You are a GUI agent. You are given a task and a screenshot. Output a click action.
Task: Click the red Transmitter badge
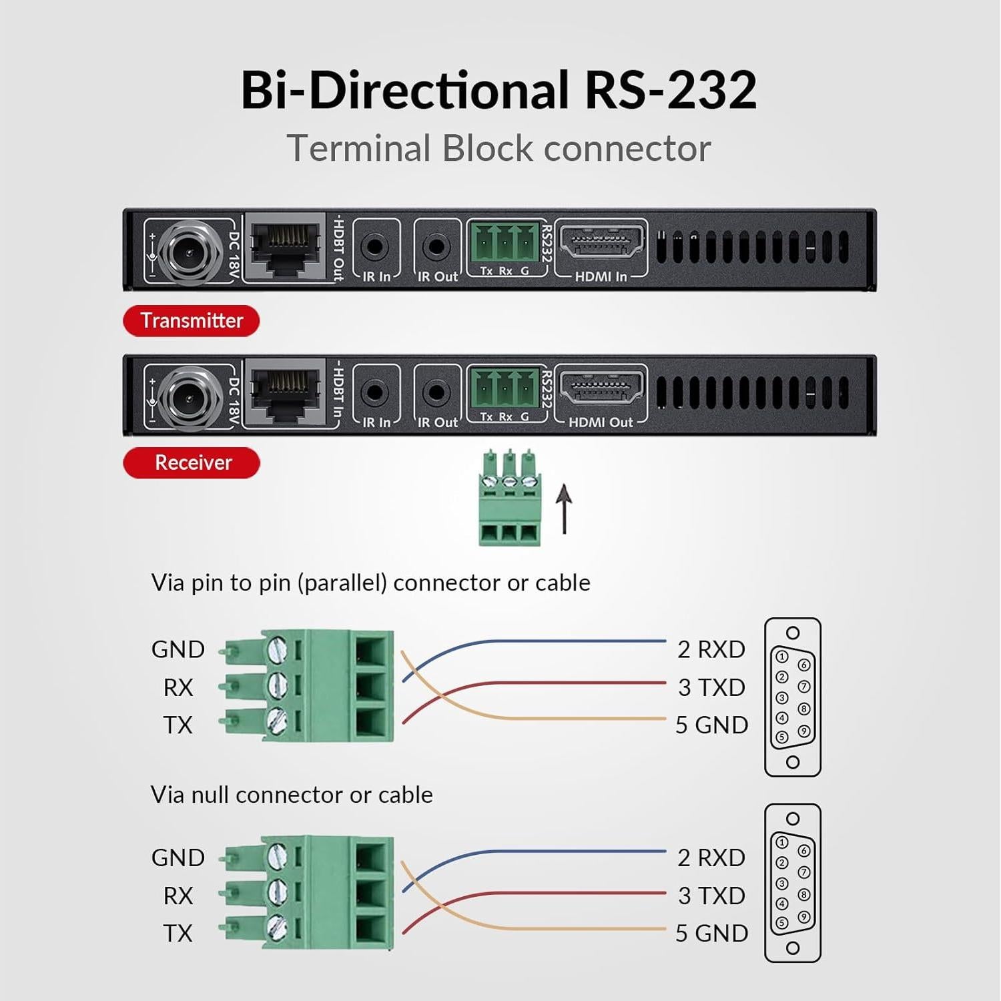point(191,321)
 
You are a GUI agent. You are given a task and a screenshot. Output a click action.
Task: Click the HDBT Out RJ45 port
point(285,246)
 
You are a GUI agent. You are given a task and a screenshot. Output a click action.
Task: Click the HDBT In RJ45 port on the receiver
point(285,392)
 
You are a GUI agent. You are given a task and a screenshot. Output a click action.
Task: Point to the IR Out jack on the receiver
point(436,392)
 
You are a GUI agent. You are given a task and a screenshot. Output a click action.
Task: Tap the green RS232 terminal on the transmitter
point(505,242)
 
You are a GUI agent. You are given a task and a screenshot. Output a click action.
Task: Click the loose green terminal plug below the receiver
point(510,498)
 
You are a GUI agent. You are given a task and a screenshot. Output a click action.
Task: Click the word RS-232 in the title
point(670,90)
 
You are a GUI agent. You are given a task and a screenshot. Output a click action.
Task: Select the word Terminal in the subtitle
point(358,148)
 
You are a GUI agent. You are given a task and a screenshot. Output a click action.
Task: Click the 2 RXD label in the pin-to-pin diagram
point(711,649)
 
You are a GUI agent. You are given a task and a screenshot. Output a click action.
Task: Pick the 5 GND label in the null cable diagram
point(711,933)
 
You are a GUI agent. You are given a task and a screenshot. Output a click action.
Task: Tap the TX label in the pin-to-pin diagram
point(178,725)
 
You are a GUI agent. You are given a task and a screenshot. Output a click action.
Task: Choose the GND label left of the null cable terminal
point(178,858)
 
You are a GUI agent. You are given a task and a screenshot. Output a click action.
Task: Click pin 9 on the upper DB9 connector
point(803,731)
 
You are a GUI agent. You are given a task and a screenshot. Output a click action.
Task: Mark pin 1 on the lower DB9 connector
point(782,843)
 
